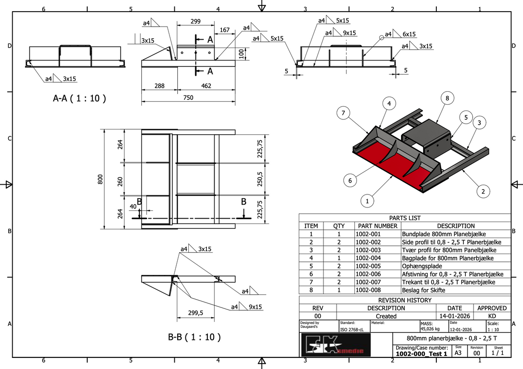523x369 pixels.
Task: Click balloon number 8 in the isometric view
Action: (x=447, y=98)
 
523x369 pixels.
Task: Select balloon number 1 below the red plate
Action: (x=368, y=200)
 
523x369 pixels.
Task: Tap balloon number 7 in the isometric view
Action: (x=343, y=113)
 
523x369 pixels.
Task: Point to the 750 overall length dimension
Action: (x=188, y=97)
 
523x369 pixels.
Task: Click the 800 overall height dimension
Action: (x=101, y=179)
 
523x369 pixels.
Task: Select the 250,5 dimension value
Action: (x=260, y=179)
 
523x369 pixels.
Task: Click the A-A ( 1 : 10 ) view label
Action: (x=79, y=98)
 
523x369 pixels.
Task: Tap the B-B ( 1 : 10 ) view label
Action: (x=194, y=337)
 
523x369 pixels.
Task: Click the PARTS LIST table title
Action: (x=405, y=218)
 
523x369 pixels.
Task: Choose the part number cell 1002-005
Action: (x=368, y=266)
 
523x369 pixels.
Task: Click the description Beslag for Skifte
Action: (x=423, y=290)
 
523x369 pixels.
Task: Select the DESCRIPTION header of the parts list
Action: (x=456, y=226)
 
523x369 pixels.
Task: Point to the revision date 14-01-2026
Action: (x=454, y=316)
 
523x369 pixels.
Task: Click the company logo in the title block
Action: (x=335, y=345)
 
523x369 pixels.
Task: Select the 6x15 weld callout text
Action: (x=409, y=34)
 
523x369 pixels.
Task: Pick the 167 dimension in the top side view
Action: (x=225, y=30)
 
